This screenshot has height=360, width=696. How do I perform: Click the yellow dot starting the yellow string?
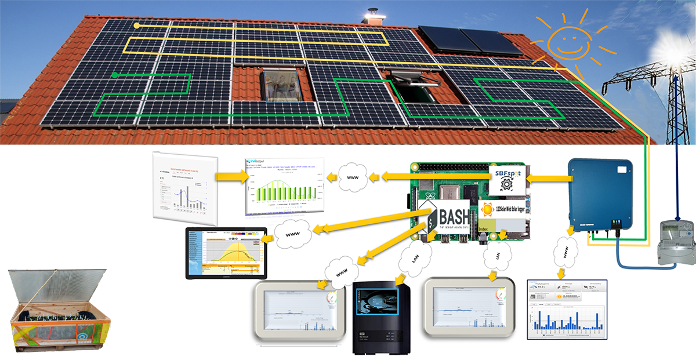137,26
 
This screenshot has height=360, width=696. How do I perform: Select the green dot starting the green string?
115,75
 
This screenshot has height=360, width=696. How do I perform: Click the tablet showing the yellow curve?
226,253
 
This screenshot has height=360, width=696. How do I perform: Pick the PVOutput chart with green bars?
282,186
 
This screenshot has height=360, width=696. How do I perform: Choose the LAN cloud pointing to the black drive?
414,257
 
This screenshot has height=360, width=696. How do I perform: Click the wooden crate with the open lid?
59,310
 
